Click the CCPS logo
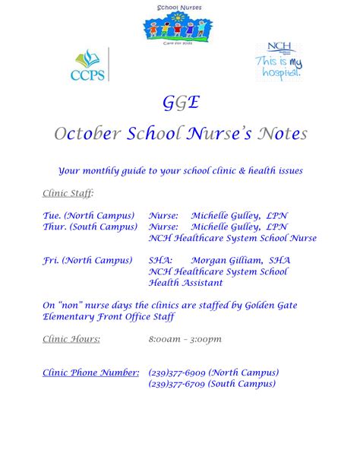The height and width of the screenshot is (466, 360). tap(90, 65)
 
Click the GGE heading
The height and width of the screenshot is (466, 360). tap(179, 103)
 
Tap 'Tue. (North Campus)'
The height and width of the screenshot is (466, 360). tap(89, 215)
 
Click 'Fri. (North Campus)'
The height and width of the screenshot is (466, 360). tap(88, 260)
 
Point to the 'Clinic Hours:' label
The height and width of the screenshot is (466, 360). tap(71, 338)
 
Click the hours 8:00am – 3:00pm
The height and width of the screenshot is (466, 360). tap(185, 338)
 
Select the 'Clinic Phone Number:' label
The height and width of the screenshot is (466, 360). tap(90, 372)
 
